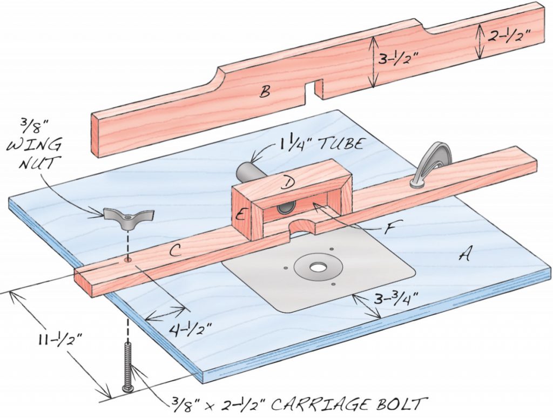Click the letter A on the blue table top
point(463,254)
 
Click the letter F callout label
point(387,228)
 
